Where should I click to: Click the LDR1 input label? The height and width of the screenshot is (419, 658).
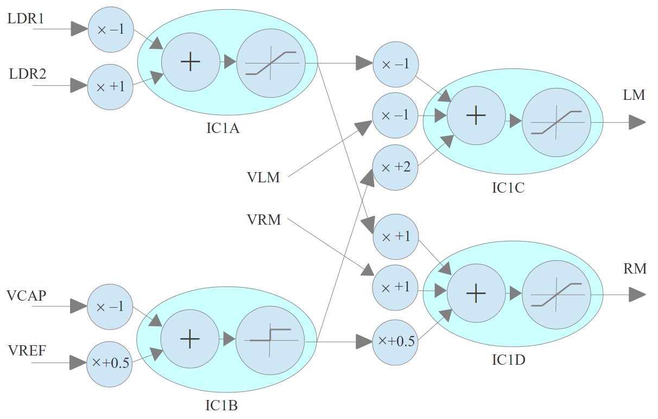25,18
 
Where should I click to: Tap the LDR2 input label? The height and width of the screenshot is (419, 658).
28,74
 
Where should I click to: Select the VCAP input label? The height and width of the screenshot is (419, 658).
26,296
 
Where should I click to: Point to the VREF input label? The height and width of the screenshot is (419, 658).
27,351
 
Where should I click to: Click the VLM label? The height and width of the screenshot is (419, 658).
263,177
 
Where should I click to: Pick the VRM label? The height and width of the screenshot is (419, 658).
263,220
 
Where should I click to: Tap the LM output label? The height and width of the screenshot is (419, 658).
634,96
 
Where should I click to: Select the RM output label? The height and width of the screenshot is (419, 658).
635,268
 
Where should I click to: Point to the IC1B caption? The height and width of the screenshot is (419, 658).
221,405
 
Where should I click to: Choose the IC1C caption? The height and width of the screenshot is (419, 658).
508,188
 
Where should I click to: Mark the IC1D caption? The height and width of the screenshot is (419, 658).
508,359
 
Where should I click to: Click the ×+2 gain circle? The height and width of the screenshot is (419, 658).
395,168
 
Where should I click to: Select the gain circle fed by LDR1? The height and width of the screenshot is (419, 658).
111,30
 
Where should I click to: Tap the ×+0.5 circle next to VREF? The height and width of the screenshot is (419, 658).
110,364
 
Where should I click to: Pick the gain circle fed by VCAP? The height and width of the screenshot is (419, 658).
110,307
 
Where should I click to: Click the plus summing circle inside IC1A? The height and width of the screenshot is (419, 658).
190,62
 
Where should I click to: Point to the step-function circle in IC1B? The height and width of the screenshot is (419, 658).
268,339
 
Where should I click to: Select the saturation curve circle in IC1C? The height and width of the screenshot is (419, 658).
556,122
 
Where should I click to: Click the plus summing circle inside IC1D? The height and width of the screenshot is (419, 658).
476,294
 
